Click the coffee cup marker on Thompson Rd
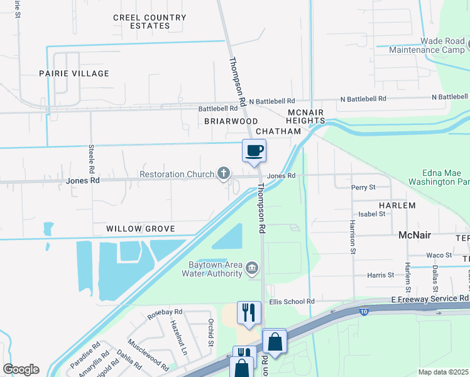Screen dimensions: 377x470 (254, 151)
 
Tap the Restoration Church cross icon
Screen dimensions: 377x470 (223, 174)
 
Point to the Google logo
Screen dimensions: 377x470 (21, 369)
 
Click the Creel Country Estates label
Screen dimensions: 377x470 (141, 22)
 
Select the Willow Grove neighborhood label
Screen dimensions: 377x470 (140, 229)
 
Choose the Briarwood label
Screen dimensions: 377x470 (231, 121)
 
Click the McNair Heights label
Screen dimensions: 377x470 (305, 116)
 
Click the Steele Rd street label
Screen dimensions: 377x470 (91, 160)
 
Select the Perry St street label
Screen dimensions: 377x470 (363, 187)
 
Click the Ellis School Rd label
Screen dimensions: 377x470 (292, 302)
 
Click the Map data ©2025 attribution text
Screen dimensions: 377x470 (442, 372)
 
